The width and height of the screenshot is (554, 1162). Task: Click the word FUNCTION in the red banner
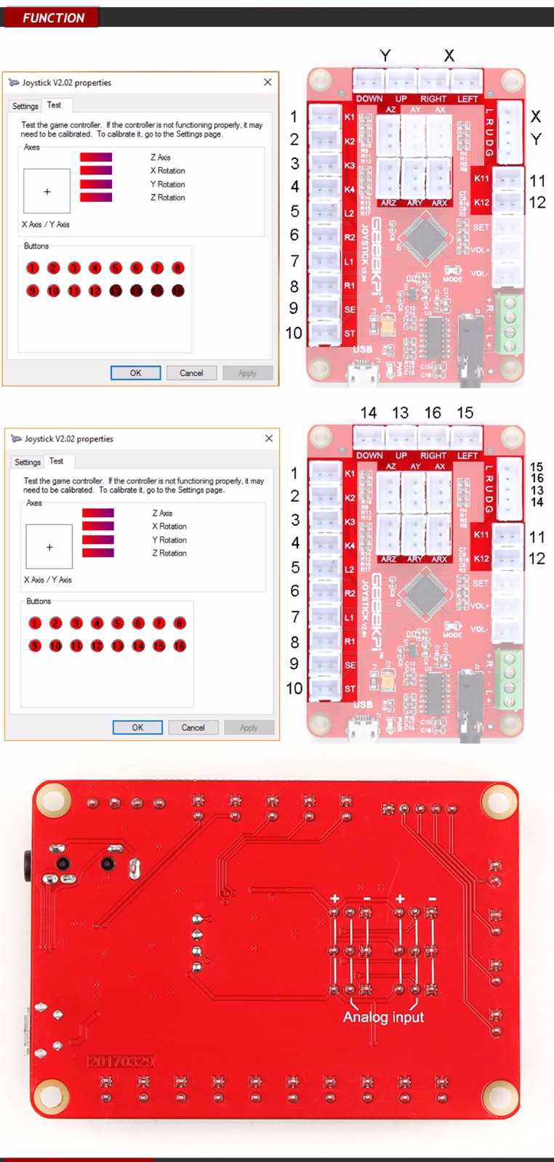(53, 18)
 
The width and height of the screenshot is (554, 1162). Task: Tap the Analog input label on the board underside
(383, 1017)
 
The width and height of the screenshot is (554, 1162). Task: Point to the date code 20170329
(121, 1061)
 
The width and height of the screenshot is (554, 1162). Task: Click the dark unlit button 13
(116, 290)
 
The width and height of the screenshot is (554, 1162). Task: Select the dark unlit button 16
(178, 290)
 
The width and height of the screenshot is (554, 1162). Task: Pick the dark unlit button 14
(137, 290)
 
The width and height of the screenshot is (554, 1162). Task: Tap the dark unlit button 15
(157, 290)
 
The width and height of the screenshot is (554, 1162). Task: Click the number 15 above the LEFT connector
(465, 413)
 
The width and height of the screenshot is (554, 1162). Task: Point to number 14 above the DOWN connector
(369, 413)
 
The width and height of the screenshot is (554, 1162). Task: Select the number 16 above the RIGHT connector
(433, 413)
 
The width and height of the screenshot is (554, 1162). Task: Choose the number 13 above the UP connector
(401, 413)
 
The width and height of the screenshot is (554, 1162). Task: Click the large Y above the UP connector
(385, 55)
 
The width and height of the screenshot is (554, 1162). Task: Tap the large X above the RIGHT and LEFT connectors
(449, 55)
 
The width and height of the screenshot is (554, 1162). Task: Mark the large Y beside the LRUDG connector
(536, 139)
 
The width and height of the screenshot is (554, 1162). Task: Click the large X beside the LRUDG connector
(536, 116)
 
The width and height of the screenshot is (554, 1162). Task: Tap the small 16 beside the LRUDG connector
(537, 478)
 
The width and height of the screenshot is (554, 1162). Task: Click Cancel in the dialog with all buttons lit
(193, 727)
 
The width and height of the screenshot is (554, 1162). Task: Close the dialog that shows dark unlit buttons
(268, 82)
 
